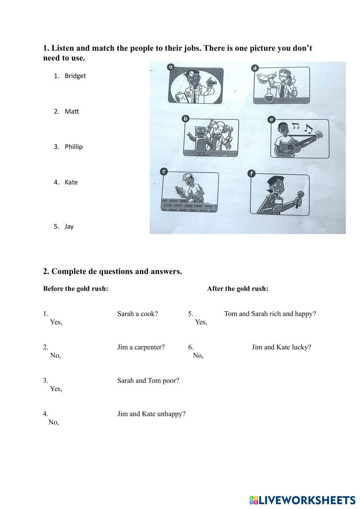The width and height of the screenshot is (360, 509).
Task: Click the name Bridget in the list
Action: pyautogui.click(x=75, y=76)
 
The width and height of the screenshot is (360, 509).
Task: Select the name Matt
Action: pyautogui.click(x=72, y=112)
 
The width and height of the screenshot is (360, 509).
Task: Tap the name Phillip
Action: pyautogui.click(x=74, y=147)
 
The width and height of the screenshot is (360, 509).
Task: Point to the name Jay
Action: pyautogui.click(x=69, y=227)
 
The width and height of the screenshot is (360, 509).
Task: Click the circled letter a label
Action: pyautogui.click(x=171, y=67)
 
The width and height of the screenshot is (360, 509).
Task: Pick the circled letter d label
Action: pyautogui.click(x=255, y=68)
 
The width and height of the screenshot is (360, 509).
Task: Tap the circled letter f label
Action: pyautogui.click(x=251, y=174)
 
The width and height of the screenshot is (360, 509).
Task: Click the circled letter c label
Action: pyautogui.click(x=164, y=172)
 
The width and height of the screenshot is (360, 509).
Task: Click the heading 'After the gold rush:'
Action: pyautogui.click(x=238, y=288)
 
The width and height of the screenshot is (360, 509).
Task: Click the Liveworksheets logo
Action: pyautogui.click(x=303, y=500)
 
